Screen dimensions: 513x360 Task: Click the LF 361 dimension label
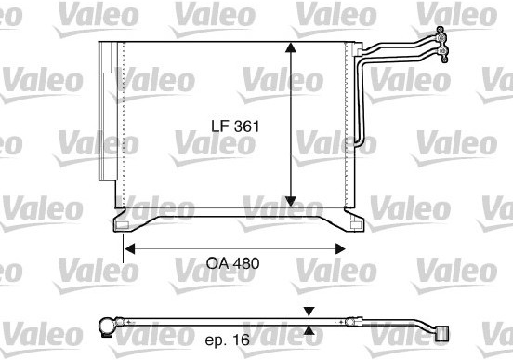point(235,127)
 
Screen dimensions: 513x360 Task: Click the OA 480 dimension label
point(233,263)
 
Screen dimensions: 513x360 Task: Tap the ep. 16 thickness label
point(228,340)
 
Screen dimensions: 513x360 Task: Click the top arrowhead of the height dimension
point(291,47)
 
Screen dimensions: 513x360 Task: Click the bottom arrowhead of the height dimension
point(291,202)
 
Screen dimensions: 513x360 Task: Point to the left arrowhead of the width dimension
point(130,249)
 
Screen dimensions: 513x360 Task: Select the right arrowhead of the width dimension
point(340,249)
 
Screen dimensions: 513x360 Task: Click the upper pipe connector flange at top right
point(441,35)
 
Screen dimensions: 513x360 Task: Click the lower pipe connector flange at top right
point(443,53)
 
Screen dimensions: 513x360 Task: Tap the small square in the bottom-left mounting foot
point(123,225)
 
